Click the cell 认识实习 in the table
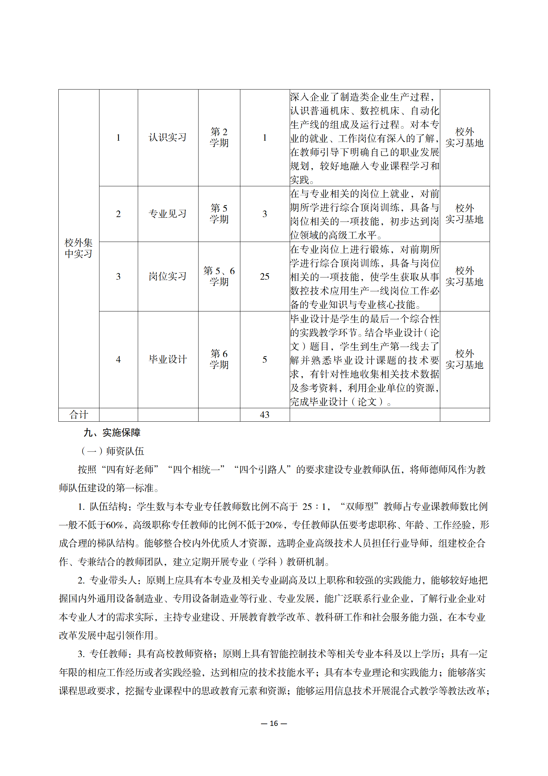click(x=167, y=138)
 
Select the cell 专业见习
click(x=167, y=214)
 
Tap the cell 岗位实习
click(x=167, y=277)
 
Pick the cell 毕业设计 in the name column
click(x=167, y=359)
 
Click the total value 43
click(x=265, y=415)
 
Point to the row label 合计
click(x=79, y=415)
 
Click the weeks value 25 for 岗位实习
click(x=265, y=277)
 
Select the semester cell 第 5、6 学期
click(x=219, y=276)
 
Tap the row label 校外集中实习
click(x=79, y=248)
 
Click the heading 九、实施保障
click(x=112, y=433)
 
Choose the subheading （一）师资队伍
click(x=112, y=451)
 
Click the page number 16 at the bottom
click(x=274, y=723)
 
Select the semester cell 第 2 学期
click(x=219, y=138)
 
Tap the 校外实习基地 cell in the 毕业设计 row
click(x=464, y=359)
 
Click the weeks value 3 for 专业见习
click(x=265, y=214)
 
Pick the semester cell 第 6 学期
click(x=219, y=359)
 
